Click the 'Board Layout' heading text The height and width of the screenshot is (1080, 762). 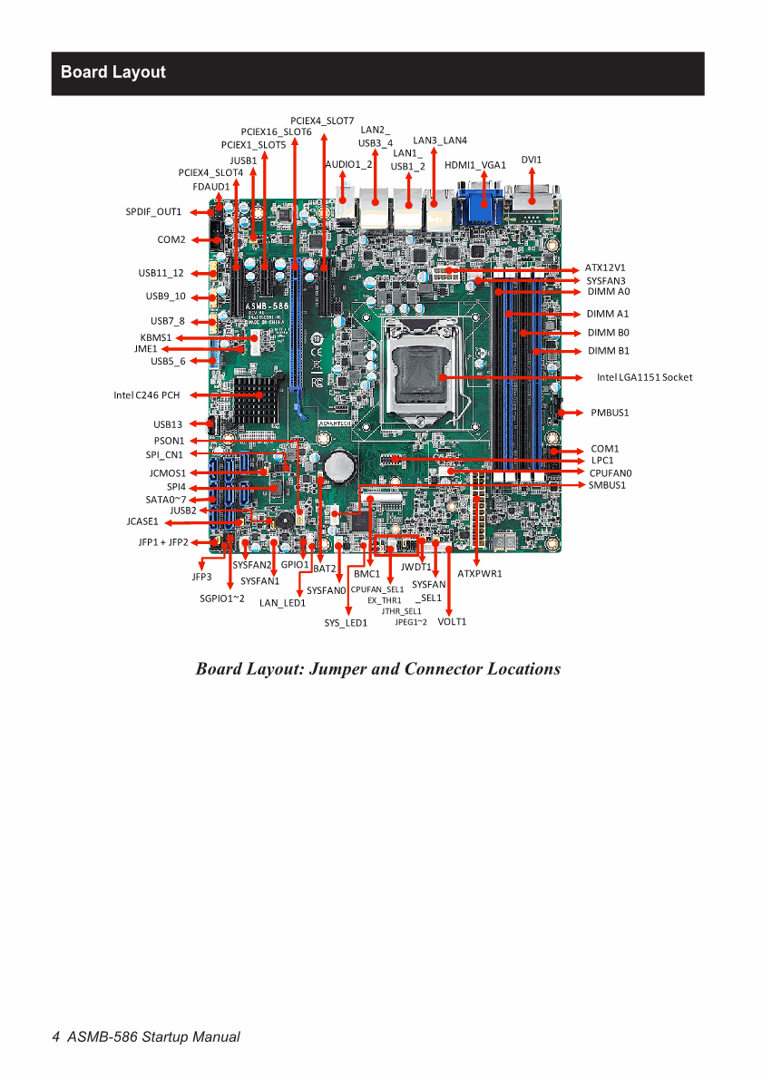113,73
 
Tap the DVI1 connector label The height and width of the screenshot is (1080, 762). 532,160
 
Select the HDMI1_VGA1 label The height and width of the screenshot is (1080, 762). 475,165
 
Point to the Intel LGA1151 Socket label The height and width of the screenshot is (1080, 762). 644,377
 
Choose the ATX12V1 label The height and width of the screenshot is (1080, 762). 605,268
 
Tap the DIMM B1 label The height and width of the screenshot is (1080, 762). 609,351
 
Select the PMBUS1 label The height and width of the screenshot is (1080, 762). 610,414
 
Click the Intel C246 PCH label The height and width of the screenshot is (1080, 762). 147,395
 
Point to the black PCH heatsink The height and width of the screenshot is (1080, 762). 257,400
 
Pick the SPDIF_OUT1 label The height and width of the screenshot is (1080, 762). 153,212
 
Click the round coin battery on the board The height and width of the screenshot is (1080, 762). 339,466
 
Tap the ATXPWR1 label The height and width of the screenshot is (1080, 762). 480,574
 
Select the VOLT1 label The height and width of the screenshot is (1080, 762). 452,622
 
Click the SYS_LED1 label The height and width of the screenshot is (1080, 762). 346,623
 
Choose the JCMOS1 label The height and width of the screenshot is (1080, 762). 168,474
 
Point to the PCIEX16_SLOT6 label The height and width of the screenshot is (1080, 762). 277,132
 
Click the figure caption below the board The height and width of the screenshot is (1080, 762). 378,669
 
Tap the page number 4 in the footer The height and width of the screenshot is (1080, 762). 56,1037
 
